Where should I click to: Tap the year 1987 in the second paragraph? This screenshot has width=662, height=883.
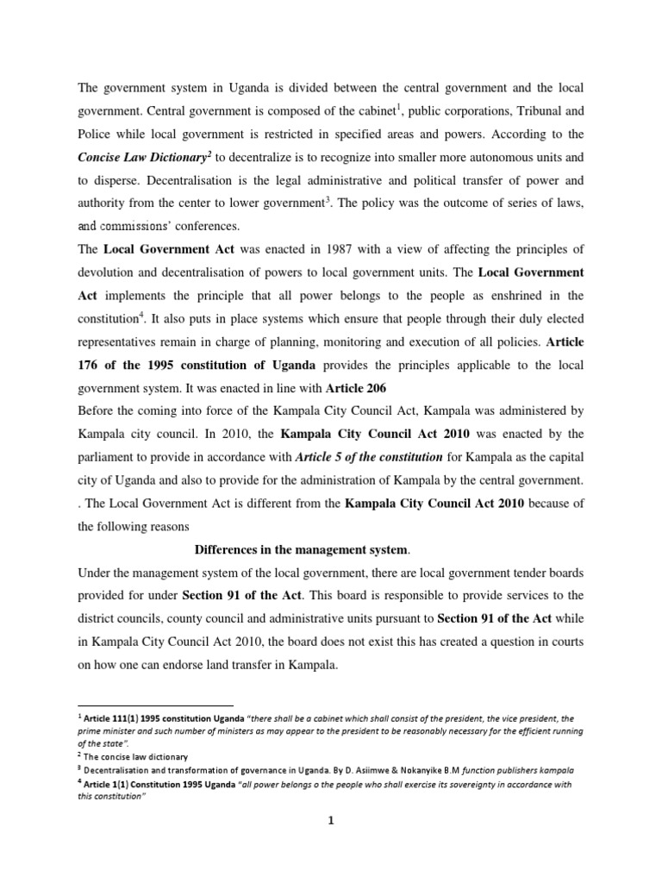coord(350,249)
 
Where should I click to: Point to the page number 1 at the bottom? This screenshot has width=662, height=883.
coord(330,821)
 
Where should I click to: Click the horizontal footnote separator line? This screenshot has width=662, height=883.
coord(155,705)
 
